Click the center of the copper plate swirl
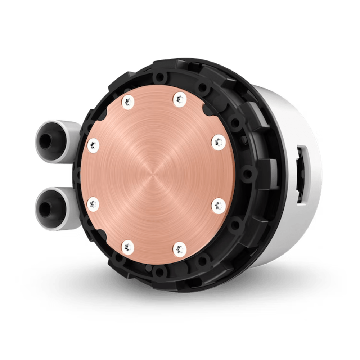[155, 174]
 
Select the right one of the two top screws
[179, 98]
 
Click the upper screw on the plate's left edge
[93, 145]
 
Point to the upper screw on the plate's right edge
[219, 143]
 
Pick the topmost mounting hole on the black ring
[161, 77]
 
